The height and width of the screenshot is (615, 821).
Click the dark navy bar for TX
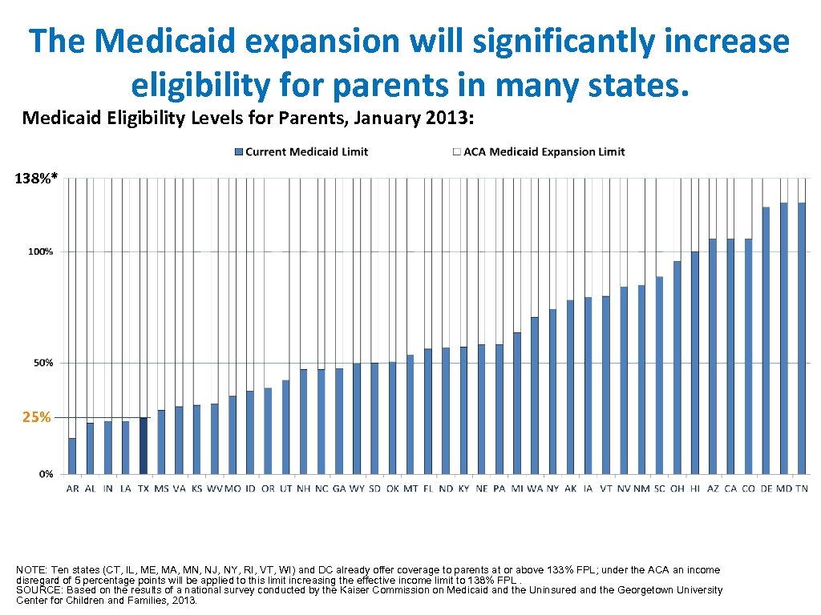144,445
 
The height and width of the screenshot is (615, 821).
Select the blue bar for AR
72,456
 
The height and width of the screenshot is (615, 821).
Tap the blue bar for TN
801,337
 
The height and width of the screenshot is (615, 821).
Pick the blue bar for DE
766,340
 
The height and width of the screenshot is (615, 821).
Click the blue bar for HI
694,362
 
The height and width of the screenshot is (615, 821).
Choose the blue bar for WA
535,395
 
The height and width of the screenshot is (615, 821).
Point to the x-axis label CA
730,488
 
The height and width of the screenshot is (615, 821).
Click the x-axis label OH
677,488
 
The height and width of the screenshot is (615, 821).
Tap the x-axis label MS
161,488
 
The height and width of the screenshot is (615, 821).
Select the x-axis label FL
428,488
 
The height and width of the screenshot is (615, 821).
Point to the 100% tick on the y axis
41,252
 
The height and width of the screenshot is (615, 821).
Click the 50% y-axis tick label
43,363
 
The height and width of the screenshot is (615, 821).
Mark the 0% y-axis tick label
46,474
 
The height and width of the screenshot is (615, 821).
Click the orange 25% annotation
37,417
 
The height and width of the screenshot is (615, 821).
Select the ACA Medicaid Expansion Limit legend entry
538,151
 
